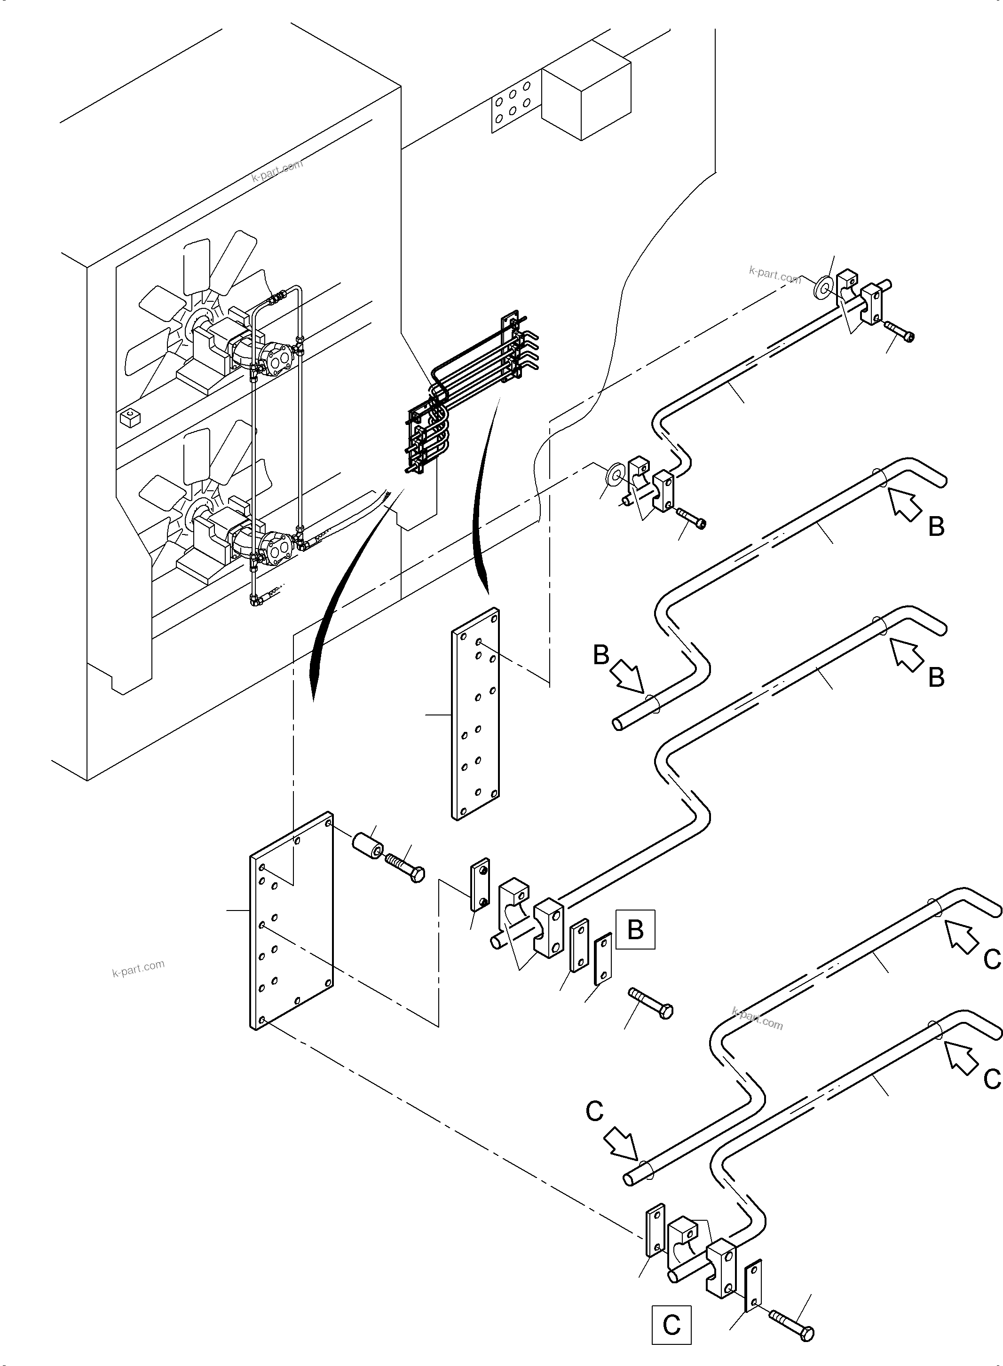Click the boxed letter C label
pyautogui.click(x=671, y=1325)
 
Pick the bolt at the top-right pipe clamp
pyautogui.click(x=899, y=331)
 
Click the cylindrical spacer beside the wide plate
pyautogui.click(x=367, y=846)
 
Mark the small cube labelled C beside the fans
pyautogui.click(x=130, y=417)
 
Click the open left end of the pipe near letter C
pyautogui.click(x=629, y=1179)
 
